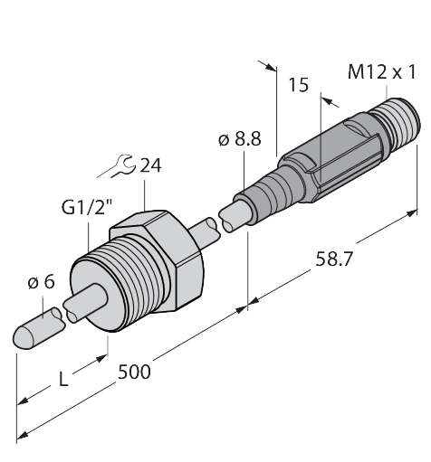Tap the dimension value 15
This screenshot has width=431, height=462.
298,86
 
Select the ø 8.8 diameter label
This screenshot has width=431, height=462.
239,141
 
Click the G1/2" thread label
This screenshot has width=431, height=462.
82,208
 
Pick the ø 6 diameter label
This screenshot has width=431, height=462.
41,282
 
